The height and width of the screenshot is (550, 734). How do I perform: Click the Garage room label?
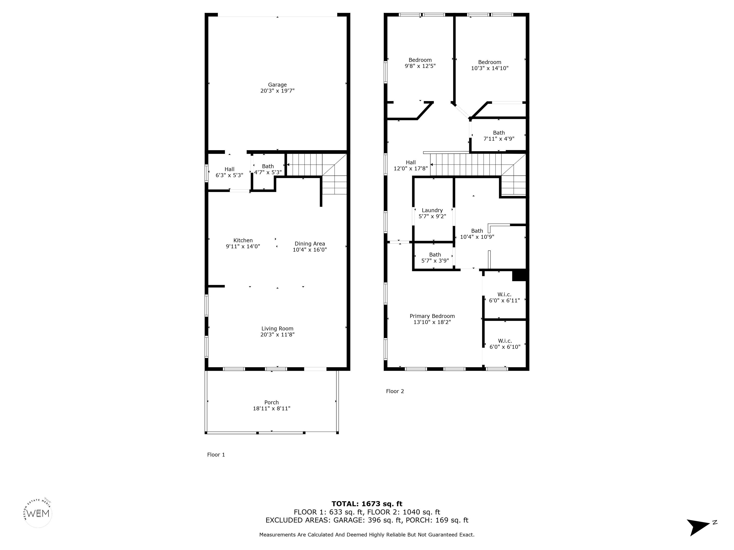[x=277, y=85]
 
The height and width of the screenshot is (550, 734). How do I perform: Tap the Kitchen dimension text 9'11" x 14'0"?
[x=243, y=246]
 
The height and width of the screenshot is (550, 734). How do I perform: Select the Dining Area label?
[x=310, y=244]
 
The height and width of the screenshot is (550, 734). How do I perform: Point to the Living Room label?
[x=277, y=328]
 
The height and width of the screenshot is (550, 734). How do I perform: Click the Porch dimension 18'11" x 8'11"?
[x=271, y=408]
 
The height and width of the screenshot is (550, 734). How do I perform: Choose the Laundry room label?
[x=432, y=210]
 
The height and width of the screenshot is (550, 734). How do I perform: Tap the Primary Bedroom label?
[x=432, y=316]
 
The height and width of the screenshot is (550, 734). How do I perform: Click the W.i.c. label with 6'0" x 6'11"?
[x=504, y=294]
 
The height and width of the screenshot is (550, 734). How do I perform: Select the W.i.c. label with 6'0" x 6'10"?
[x=505, y=341]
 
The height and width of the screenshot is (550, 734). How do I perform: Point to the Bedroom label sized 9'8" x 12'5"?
[x=420, y=60]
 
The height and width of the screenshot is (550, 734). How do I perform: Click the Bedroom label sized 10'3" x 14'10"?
[x=489, y=62]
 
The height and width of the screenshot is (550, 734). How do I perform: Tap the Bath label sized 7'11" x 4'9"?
[x=499, y=133]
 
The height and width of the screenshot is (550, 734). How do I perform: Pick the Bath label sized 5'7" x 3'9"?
[x=435, y=255]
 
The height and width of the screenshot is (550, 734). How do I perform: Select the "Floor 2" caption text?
[x=395, y=391]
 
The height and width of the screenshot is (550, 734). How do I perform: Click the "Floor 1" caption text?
[x=216, y=455]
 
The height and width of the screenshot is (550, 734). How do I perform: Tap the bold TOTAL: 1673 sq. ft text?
[x=367, y=504]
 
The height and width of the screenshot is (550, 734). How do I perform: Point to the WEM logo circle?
[x=38, y=513]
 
